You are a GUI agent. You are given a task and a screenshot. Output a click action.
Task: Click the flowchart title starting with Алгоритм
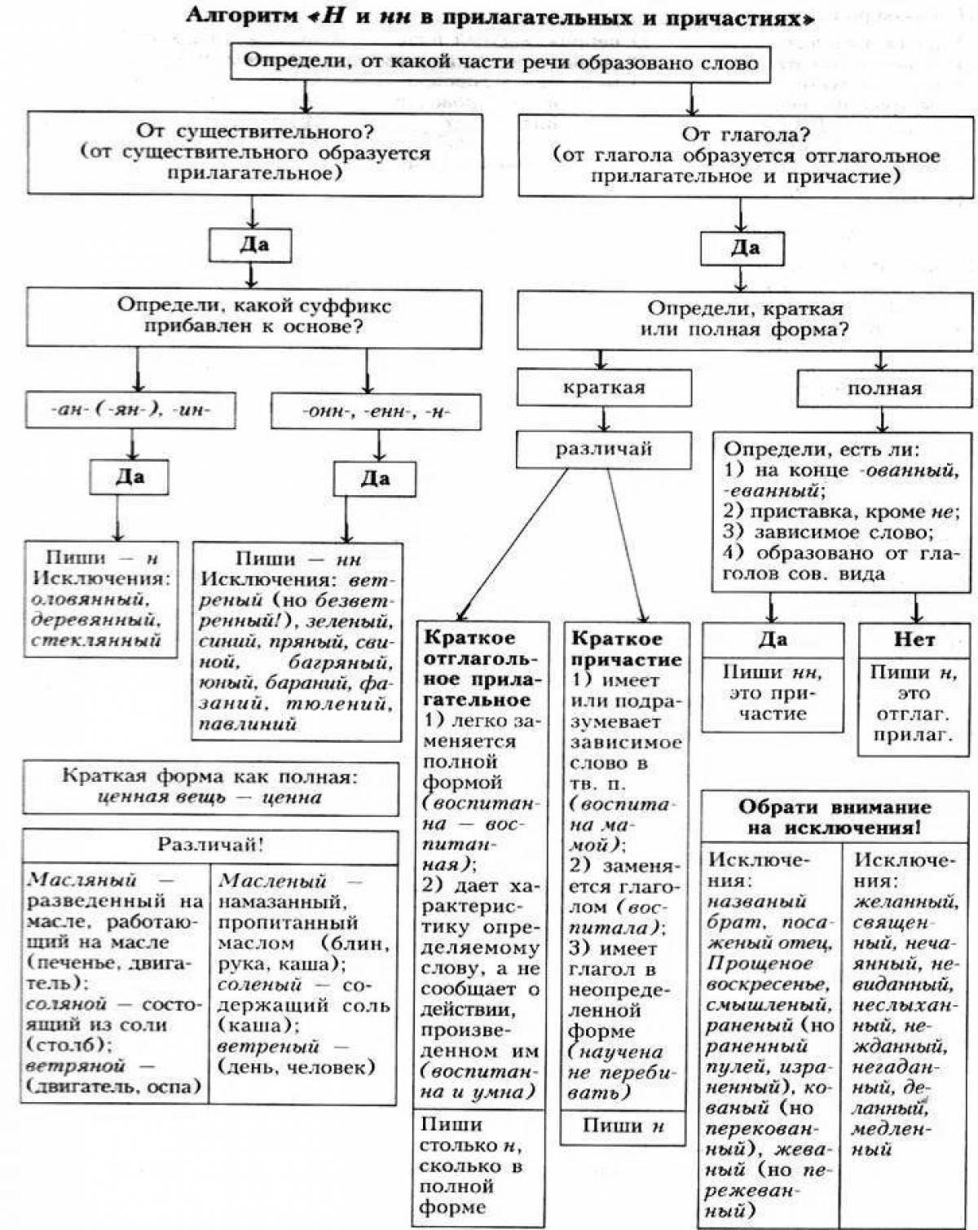click(499, 17)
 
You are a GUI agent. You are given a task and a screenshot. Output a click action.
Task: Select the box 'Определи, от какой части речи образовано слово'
click(500, 63)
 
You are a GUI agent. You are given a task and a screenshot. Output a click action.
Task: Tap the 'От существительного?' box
click(254, 153)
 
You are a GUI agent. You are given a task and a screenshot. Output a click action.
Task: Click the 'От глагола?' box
click(746, 156)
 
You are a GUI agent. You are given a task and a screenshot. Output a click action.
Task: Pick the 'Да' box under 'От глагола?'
click(742, 248)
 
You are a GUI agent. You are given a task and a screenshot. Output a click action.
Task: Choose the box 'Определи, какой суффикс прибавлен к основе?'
click(254, 317)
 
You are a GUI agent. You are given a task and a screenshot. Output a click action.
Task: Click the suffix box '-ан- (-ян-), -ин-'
click(130, 411)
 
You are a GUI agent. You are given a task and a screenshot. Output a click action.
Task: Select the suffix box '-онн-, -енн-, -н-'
click(376, 411)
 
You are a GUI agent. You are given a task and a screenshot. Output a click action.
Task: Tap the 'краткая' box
click(604, 388)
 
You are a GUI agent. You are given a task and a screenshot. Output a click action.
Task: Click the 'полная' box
click(884, 389)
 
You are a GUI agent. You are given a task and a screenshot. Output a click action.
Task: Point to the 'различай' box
click(604, 449)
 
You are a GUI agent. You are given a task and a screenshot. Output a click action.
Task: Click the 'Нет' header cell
click(914, 640)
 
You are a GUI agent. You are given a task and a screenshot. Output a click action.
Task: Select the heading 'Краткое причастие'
click(626, 648)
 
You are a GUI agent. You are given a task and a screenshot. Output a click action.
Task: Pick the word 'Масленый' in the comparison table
click(272, 881)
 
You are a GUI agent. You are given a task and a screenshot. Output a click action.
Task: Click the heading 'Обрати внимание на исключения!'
click(835, 817)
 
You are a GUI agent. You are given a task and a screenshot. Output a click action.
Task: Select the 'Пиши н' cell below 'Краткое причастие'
click(623, 1127)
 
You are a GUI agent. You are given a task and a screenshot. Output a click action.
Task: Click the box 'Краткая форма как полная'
click(210, 787)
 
